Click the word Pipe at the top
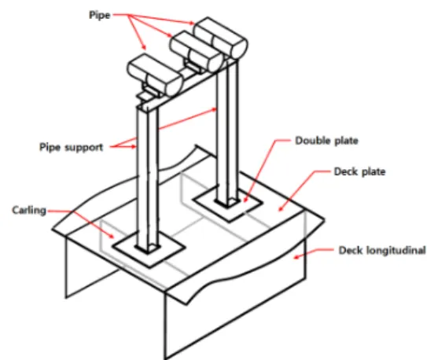click(100, 15)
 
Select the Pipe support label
click(72, 147)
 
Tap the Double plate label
click(326, 141)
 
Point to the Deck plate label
click(359, 171)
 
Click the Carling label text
click(29, 211)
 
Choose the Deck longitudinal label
click(382, 250)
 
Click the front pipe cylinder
click(154, 75)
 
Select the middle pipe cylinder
click(196, 51)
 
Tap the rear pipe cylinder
click(221, 38)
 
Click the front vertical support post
click(147, 179)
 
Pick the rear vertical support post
click(228, 134)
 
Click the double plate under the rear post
click(228, 203)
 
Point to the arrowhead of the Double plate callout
click(245, 200)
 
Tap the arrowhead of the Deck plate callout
click(281, 209)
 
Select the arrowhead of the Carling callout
click(112, 236)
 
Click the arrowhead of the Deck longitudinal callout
click(296, 256)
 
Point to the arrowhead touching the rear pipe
click(192, 23)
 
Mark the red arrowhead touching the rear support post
click(214, 110)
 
